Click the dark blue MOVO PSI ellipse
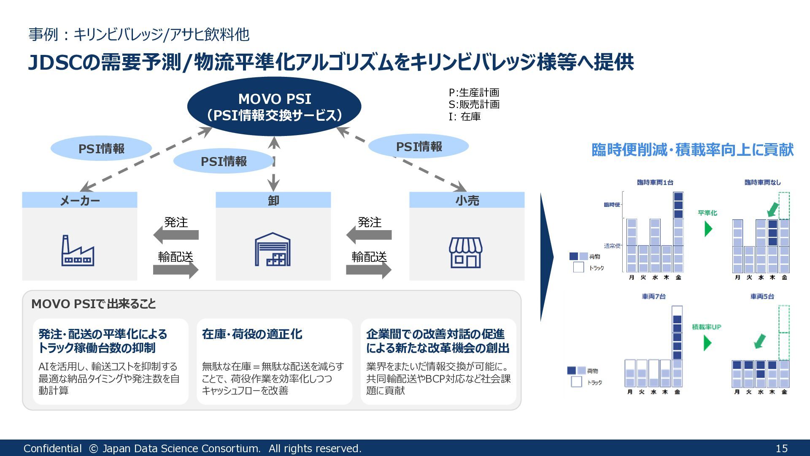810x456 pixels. [274, 106]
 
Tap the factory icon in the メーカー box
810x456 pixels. [78, 251]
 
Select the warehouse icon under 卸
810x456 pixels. [273, 250]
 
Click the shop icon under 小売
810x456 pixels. [466, 252]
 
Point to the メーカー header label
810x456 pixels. [80, 200]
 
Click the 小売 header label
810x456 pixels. [467, 200]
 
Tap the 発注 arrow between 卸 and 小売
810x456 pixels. [369, 235]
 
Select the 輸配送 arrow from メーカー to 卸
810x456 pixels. [176, 270]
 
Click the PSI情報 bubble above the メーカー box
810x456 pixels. [101, 149]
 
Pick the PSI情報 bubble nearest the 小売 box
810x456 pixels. [418, 147]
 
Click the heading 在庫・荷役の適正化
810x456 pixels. [252, 334]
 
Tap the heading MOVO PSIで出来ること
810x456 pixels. [94, 304]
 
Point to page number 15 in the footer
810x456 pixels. [781, 448]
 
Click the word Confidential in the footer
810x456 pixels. [52, 448]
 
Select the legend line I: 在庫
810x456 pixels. [464, 117]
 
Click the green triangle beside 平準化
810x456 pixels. [708, 229]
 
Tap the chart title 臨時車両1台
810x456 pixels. [655, 182]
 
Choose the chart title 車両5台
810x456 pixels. [762, 296]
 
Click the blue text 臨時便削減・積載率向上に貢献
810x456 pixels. [692, 150]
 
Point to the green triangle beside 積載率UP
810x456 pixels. [707, 343]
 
